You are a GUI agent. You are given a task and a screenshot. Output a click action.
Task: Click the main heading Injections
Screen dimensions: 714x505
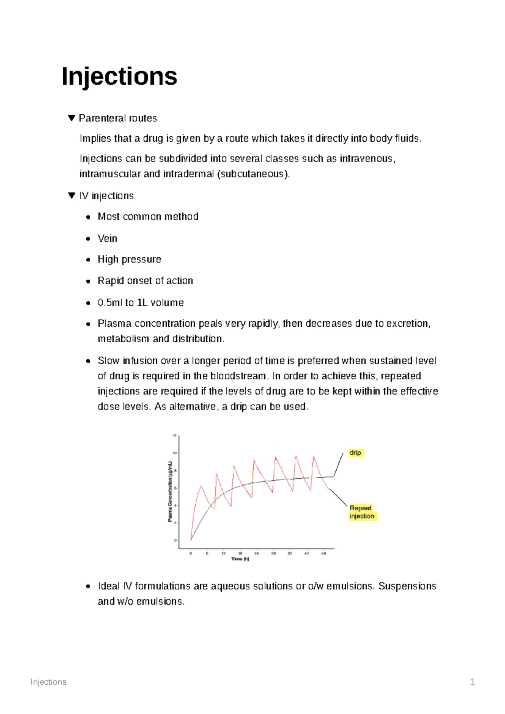(119, 77)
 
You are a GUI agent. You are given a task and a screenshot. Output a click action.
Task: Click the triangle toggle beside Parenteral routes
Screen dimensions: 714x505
(71, 118)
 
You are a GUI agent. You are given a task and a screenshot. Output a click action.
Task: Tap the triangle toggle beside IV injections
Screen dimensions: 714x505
(71, 196)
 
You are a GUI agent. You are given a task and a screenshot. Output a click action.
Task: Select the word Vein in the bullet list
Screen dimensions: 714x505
(107, 238)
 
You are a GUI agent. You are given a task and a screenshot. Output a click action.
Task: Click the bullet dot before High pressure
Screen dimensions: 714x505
(88, 260)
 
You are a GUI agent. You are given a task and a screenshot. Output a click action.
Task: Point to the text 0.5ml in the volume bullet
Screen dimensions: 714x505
(110, 303)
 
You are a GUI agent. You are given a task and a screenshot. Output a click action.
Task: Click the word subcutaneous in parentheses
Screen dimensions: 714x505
(252, 174)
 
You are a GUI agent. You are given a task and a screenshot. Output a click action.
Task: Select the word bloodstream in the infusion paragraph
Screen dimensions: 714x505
(238, 376)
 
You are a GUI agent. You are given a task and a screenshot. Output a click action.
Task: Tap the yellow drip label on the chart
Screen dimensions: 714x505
(356, 453)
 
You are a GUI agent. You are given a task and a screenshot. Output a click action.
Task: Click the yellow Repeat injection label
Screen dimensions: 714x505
(362, 512)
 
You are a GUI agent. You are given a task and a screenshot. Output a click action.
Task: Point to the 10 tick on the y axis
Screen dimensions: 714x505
(174, 453)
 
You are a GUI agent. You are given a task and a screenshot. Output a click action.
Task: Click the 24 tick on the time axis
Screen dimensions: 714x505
(257, 553)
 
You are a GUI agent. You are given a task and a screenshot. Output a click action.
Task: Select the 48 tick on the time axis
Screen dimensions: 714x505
(324, 553)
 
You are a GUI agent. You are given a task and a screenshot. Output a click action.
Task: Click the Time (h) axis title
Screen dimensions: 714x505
(240, 559)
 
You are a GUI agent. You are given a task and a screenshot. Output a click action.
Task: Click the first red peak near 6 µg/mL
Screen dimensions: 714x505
(202, 486)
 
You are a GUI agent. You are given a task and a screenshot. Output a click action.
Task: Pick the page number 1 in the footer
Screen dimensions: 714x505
(472, 682)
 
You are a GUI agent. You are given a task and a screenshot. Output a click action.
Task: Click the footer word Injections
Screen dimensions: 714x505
(48, 682)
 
